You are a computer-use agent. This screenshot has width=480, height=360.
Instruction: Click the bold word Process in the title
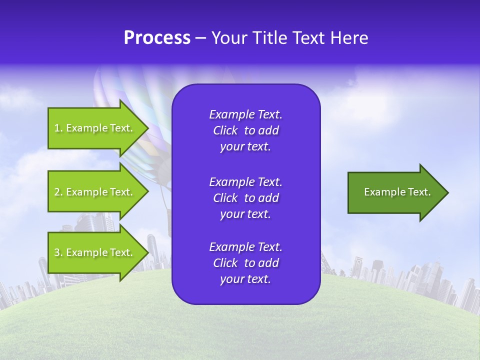pyautogui.click(x=157, y=38)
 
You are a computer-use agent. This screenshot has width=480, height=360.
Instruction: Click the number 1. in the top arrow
pyautogui.click(x=58, y=128)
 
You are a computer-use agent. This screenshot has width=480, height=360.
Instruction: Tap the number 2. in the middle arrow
pyautogui.click(x=58, y=192)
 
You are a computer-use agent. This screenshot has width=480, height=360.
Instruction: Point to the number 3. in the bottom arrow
pyautogui.click(x=58, y=252)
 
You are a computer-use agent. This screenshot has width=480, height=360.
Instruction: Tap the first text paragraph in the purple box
pyautogui.click(x=245, y=130)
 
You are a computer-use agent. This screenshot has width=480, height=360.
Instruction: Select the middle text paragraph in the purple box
pyautogui.click(x=245, y=198)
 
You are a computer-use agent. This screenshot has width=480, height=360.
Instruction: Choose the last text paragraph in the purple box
pyautogui.click(x=245, y=263)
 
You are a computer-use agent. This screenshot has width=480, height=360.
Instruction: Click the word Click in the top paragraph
pyautogui.click(x=225, y=130)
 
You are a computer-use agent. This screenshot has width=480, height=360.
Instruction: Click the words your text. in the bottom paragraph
pyautogui.click(x=245, y=279)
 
